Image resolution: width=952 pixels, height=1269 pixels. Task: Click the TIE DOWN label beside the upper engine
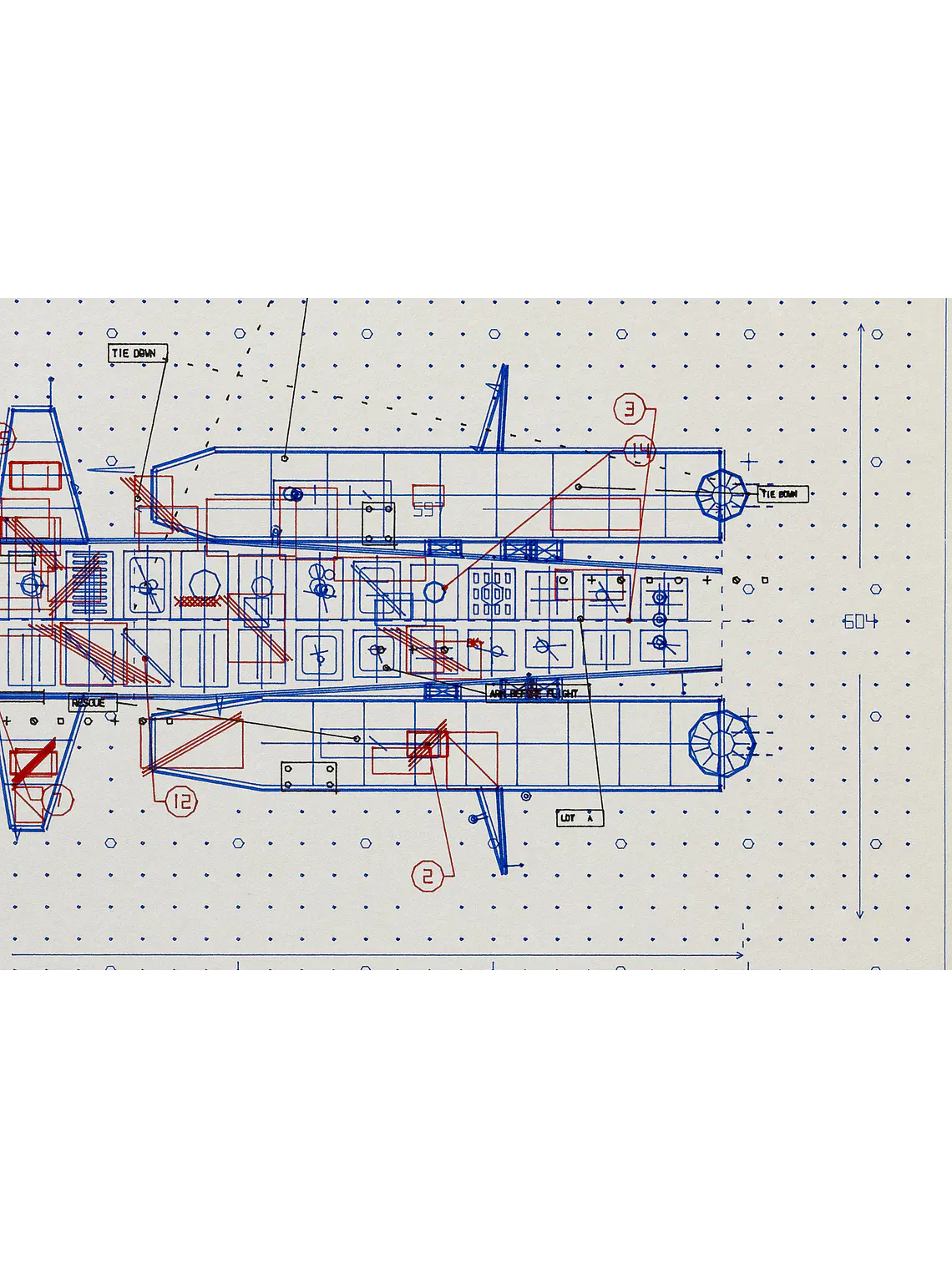(x=782, y=494)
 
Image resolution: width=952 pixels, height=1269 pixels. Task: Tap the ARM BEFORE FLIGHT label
(x=537, y=693)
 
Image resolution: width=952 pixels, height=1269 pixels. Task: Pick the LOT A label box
(x=580, y=818)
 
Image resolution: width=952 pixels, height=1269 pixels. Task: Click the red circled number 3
(x=630, y=409)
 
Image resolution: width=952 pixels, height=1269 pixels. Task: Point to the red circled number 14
(x=641, y=450)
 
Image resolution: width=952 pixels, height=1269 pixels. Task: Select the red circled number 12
(x=181, y=802)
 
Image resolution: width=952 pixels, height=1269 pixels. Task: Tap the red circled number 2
(x=427, y=876)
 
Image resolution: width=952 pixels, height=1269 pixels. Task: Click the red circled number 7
(x=57, y=801)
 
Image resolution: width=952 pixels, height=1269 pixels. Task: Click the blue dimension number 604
(x=859, y=621)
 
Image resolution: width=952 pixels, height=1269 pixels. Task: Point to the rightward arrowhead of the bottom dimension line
(x=739, y=955)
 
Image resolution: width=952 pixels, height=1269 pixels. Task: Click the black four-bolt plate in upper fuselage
(x=378, y=523)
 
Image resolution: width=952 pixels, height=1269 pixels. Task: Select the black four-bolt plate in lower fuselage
(x=309, y=776)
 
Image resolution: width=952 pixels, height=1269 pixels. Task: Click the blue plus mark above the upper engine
(x=749, y=461)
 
